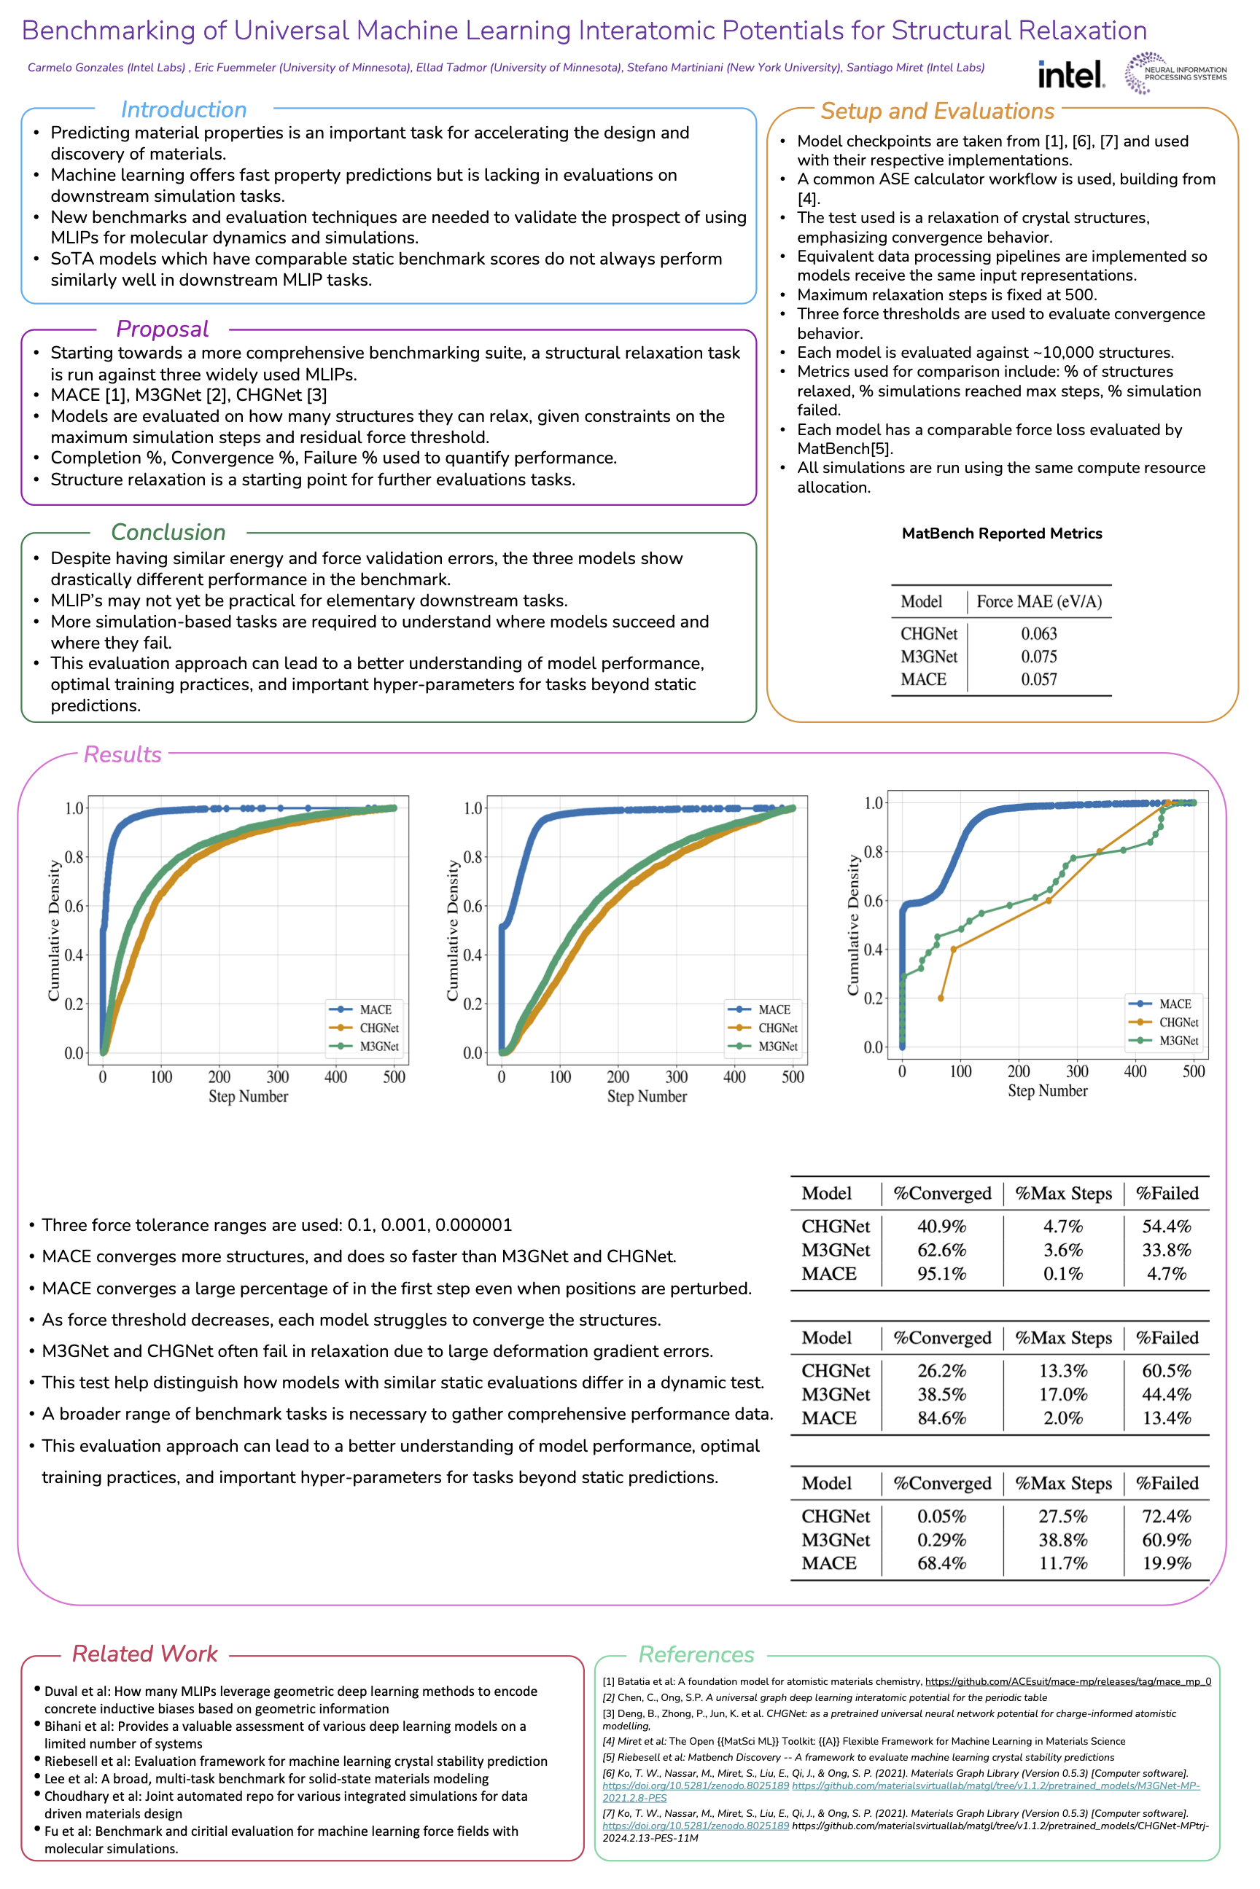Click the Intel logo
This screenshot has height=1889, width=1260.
click(x=1071, y=74)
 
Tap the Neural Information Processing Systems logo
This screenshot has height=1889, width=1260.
click(x=1175, y=73)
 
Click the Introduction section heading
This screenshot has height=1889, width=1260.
click(x=183, y=109)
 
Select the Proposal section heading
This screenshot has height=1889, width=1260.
click(x=163, y=329)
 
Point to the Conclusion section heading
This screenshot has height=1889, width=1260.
click(x=168, y=532)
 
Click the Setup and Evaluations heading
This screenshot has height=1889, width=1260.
click(x=937, y=111)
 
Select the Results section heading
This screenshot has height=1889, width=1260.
click(x=122, y=754)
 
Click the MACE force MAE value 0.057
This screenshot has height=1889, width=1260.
click(x=1038, y=679)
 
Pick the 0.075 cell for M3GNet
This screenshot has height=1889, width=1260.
click(x=1038, y=656)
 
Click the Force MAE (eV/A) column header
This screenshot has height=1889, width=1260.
click(x=1038, y=601)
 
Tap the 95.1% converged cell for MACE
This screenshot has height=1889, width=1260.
click(x=942, y=1273)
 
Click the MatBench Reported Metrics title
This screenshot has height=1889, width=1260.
click(x=1001, y=533)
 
